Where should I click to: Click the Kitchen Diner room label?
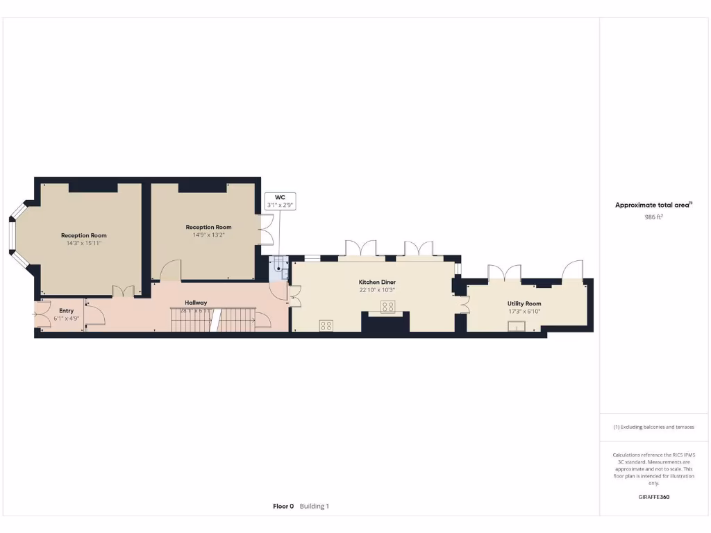pos(377,282)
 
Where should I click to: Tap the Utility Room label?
pos(524,303)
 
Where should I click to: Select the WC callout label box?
pos(281,201)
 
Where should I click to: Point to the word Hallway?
pos(196,303)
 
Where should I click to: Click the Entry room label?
pos(67,310)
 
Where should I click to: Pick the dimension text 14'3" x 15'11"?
pos(84,244)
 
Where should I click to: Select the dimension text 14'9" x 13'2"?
pos(208,235)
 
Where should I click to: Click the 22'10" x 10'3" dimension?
pos(377,290)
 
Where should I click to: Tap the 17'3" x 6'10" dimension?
pos(524,312)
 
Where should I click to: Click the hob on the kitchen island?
pos(387,306)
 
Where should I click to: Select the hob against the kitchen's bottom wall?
pos(326,325)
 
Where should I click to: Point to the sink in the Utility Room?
pos(516,327)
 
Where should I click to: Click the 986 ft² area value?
pos(653,217)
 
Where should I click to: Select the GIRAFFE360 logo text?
pos(653,497)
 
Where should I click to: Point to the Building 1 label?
pos(315,506)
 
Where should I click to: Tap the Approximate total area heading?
pos(653,205)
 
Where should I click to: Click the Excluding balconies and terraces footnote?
pos(653,427)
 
